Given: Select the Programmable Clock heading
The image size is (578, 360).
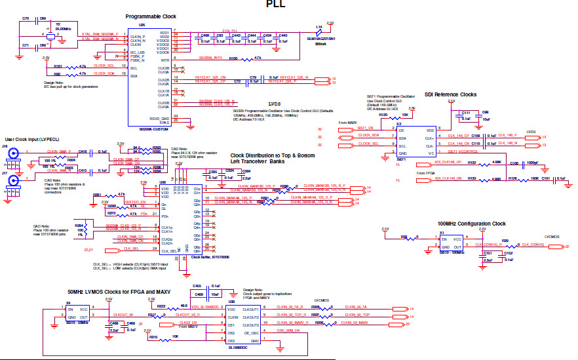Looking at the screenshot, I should tap(151, 16).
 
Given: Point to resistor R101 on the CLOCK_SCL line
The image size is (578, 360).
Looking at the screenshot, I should tap(59, 66).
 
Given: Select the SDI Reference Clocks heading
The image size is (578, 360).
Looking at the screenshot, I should tap(452, 94).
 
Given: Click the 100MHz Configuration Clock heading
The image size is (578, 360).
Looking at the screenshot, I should tap(471, 224).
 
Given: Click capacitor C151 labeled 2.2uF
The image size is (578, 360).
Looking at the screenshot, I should tap(487, 256).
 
